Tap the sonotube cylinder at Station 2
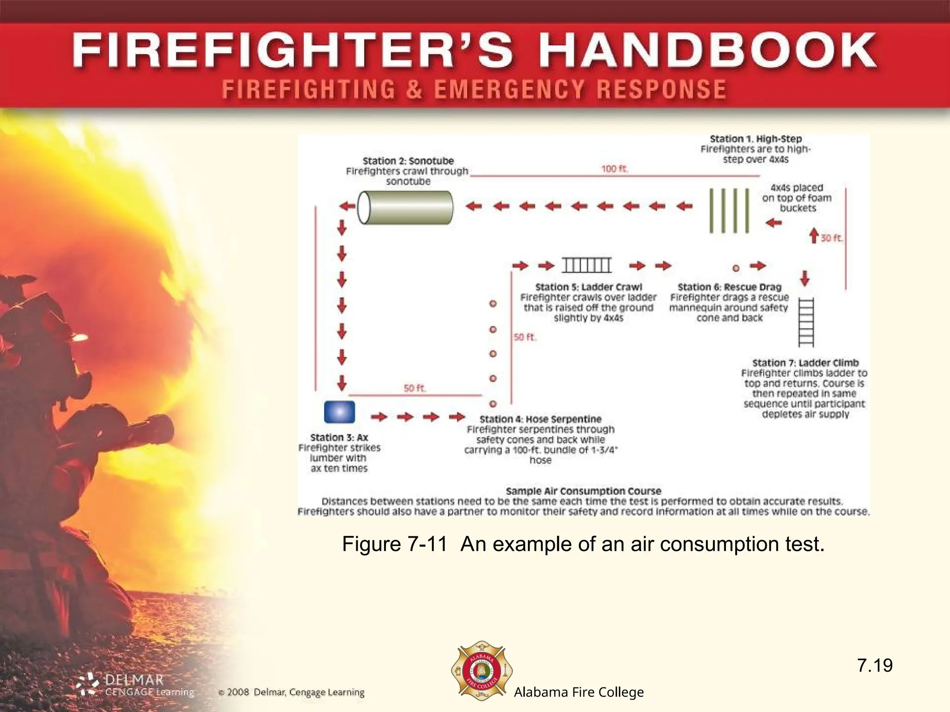click(x=405, y=207)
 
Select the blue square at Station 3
click(x=340, y=412)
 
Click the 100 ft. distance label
click(x=615, y=169)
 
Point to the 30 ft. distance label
click(x=832, y=238)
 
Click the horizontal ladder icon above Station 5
click(x=586, y=265)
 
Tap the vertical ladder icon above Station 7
click(x=806, y=322)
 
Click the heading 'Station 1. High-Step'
click(x=756, y=139)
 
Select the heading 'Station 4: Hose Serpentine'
click(x=540, y=419)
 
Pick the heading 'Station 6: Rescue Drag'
click(x=729, y=287)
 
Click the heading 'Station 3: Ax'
click(x=339, y=438)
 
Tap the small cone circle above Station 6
click(x=736, y=268)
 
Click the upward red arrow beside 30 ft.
click(x=814, y=235)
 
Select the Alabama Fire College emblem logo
click(x=481, y=671)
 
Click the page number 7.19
click(x=874, y=666)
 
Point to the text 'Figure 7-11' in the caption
click(x=395, y=544)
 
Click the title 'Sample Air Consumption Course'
click(x=583, y=491)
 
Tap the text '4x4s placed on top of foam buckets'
click(x=797, y=198)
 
